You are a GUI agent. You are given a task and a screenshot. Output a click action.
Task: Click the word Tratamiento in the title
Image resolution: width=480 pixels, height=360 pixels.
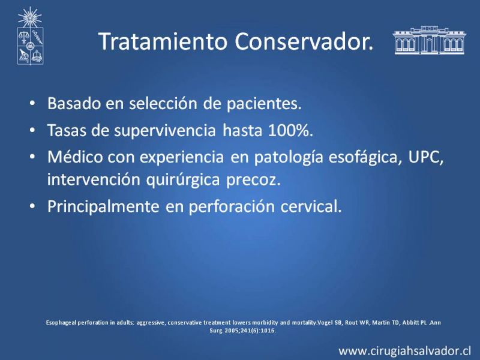[163, 41]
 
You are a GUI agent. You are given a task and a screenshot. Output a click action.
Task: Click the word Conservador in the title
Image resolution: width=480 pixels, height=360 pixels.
[304, 41]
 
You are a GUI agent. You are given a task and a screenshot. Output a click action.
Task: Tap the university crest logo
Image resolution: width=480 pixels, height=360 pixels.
[30, 36]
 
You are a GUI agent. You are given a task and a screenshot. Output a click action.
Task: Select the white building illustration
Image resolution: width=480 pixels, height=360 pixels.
[429, 40]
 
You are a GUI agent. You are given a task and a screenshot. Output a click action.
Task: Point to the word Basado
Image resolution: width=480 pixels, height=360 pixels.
[74, 103]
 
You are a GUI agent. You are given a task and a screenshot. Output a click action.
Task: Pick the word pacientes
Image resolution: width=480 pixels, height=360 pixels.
[264, 104]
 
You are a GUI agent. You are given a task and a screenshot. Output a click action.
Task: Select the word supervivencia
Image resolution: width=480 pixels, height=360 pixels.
[165, 131]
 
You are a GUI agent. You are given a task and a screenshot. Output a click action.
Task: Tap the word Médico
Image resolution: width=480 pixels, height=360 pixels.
[76, 157]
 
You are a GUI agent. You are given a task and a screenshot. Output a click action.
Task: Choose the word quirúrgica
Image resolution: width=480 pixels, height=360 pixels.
[183, 180]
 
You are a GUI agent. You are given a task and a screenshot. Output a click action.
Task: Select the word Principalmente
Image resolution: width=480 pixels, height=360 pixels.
[103, 206]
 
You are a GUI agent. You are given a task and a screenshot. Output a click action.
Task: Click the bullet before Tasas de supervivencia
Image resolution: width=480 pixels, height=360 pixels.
[32, 130]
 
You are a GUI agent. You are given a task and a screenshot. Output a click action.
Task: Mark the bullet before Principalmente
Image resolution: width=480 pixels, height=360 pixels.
[32, 206]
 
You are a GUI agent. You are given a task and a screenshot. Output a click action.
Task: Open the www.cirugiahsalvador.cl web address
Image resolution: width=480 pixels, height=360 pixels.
[404, 350]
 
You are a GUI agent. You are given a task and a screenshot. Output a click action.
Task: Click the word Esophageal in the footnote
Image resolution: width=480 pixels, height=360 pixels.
[62, 323]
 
